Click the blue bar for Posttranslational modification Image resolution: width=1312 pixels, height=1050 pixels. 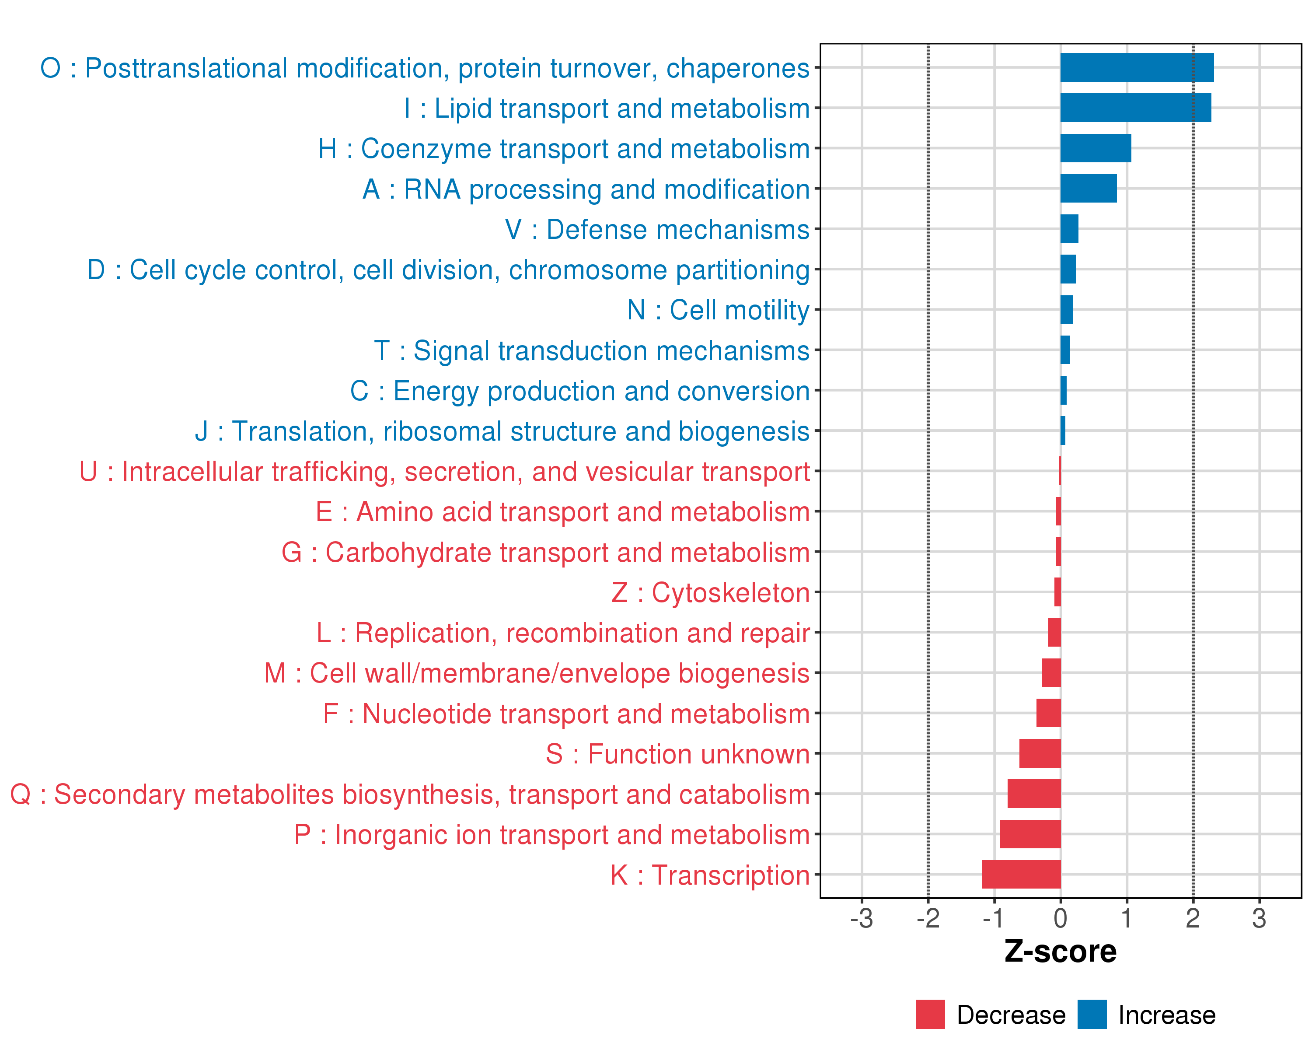click(x=1136, y=67)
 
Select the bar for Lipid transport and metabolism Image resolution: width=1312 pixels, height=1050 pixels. click(x=1135, y=108)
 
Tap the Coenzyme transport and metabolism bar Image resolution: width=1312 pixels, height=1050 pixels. click(x=1096, y=148)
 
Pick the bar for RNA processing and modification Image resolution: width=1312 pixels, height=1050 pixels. click(x=1088, y=189)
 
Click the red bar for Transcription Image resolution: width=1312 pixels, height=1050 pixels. click(x=1021, y=874)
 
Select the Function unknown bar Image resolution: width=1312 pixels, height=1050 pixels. click(x=1040, y=753)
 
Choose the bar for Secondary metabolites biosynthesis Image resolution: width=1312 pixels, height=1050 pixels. click(x=1033, y=794)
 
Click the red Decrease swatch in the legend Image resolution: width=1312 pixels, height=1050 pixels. click(x=930, y=1014)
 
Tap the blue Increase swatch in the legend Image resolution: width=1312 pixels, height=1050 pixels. click(x=1092, y=1014)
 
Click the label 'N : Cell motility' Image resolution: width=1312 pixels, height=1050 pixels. click(x=718, y=311)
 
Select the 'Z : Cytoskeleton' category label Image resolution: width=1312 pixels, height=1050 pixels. click(x=710, y=593)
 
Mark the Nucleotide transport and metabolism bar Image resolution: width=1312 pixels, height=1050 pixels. click(x=1048, y=713)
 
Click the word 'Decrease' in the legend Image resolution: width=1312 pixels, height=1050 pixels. click(x=1011, y=1015)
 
